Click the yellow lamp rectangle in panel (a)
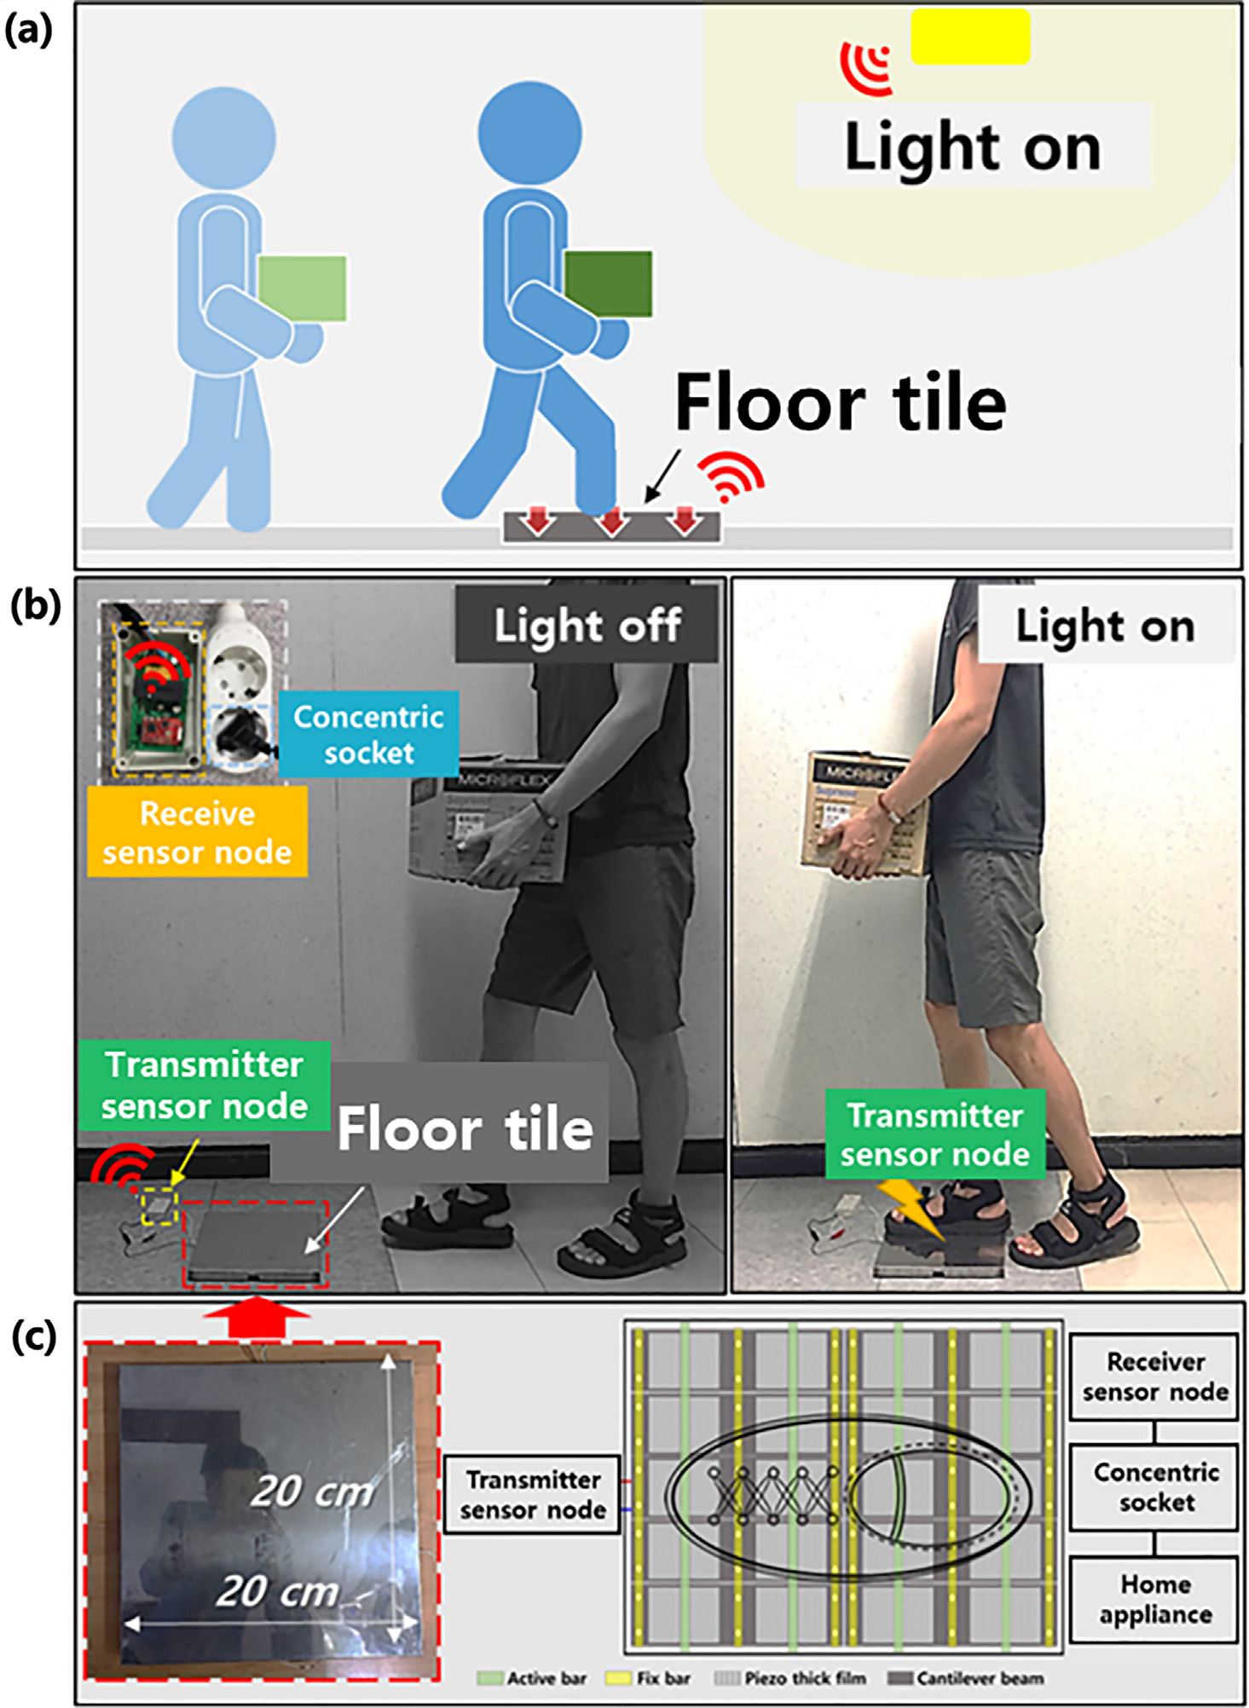pos(970,37)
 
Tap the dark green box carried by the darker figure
pos(608,284)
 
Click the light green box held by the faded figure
pos(302,289)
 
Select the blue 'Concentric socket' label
pos(368,735)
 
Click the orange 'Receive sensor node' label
pos(197,832)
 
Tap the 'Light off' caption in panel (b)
pos(587,625)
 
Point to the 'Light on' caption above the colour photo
pos(1105,626)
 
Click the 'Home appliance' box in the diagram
pos(1154,1599)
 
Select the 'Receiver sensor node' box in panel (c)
pos(1154,1376)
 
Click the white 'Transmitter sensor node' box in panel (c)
pos(533,1495)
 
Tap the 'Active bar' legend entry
pos(532,1678)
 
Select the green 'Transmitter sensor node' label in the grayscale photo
pos(205,1085)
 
